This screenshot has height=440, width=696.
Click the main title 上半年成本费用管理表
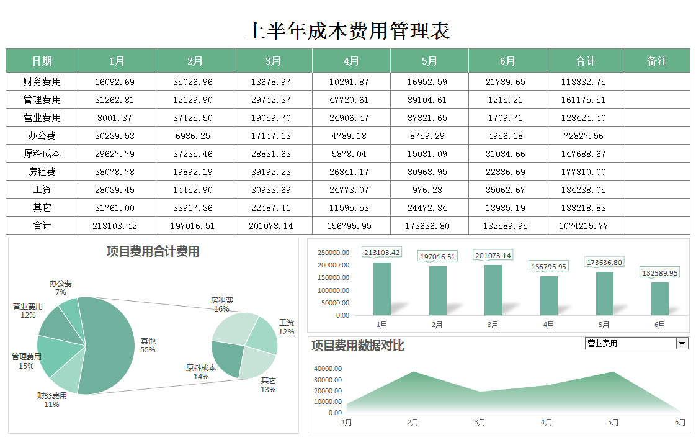pos(348,30)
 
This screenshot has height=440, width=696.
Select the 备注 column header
pos(657,61)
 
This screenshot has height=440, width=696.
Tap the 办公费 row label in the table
pos(42,135)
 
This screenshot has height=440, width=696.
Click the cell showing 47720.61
pos(351,99)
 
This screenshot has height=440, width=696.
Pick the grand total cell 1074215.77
pos(585,226)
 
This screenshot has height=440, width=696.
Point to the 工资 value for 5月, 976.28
pos(429,190)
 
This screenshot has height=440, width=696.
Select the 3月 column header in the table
pos(273,61)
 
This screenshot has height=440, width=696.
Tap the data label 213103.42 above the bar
pos(382,253)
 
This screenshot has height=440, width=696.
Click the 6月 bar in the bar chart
pos(660,299)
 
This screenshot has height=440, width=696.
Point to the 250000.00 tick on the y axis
pos(333,253)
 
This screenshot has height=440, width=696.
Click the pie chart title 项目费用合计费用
pos(153,251)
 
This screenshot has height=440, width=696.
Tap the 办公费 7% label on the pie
pos(61,287)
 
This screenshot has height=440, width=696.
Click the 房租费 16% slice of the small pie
pos(234,326)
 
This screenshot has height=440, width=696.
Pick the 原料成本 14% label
pos(201,372)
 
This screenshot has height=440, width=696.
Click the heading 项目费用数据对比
pos(357,346)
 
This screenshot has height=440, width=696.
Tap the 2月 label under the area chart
pos(413,423)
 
